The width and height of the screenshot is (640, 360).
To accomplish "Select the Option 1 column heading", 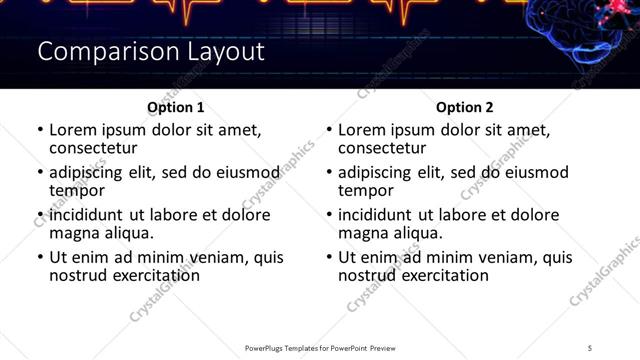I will click(x=175, y=107).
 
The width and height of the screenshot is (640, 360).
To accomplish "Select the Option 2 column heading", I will click(x=464, y=107).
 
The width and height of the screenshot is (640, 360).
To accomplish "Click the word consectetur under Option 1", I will click(x=93, y=147).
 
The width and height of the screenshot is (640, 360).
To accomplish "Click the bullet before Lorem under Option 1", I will click(x=40, y=130).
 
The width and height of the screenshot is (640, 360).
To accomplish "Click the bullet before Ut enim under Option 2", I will click(x=329, y=257).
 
